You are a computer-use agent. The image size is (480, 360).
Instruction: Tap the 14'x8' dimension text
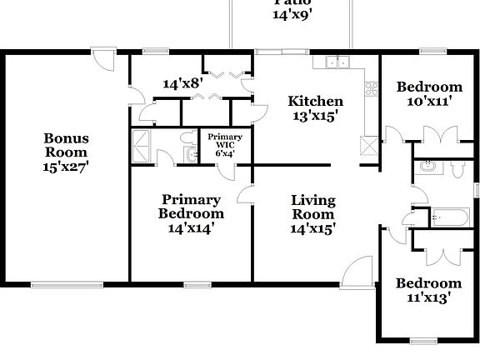pyautogui.click(x=182, y=84)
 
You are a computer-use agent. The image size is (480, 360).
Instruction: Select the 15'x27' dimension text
pyautogui.click(x=67, y=166)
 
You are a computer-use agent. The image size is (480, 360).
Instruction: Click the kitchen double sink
pyautogui.click(x=338, y=62)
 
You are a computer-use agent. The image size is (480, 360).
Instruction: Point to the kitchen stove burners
pyautogui.click(x=370, y=87)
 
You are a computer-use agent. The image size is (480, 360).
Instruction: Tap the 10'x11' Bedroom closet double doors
pyautogui.click(x=438, y=137)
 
